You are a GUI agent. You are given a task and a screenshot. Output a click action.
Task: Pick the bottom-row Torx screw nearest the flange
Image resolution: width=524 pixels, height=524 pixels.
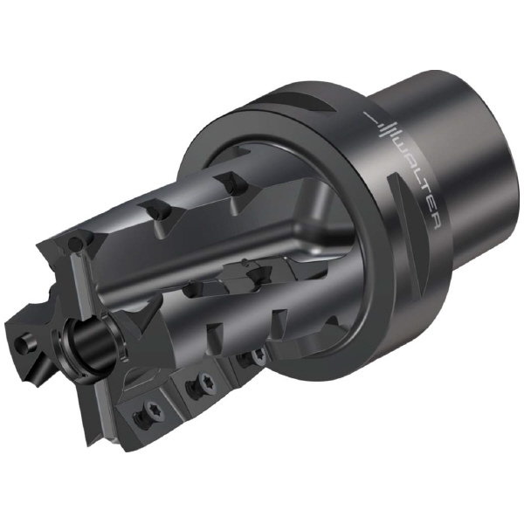click(259, 355)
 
